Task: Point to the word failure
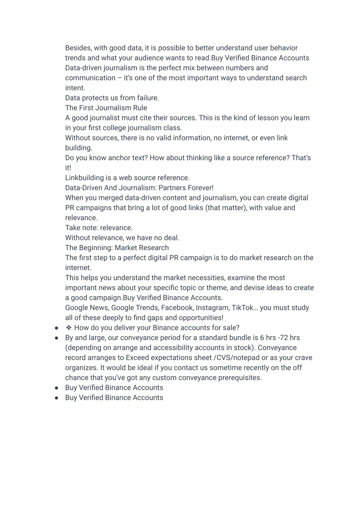click(148, 98)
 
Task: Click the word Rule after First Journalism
click(140, 108)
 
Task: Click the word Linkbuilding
click(84, 178)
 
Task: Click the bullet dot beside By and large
click(57, 338)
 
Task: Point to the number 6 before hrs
click(262, 338)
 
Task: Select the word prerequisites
click(240, 378)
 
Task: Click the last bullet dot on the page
click(57, 398)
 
